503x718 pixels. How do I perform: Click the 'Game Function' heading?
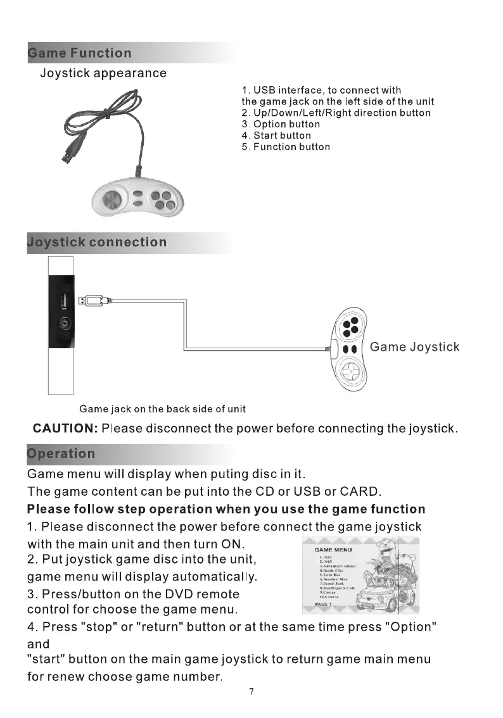(x=80, y=53)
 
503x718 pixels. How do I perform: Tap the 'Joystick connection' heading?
(x=97, y=242)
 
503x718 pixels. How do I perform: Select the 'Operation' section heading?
(x=61, y=454)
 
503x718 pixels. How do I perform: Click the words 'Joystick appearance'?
(x=103, y=73)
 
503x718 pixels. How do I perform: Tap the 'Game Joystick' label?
(x=414, y=347)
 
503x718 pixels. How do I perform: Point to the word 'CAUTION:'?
(x=65, y=429)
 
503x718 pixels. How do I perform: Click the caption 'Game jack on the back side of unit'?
(x=162, y=409)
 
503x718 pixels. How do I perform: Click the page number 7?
(x=251, y=691)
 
